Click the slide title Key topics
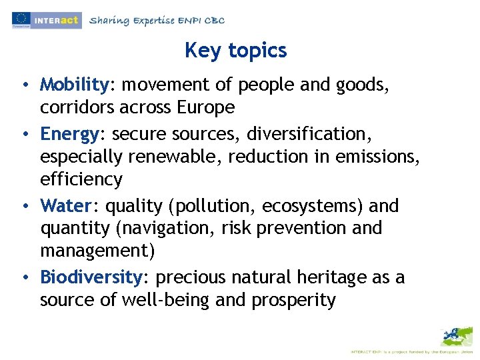[x=235, y=51]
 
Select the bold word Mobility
[x=74, y=85]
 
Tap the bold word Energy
[x=69, y=134]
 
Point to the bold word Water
[x=65, y=206]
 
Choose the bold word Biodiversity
[x=91, y=277]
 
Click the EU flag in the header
[x=21, y=19]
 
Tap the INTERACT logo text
[x=57, y=20]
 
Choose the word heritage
[x=331, y=277]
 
